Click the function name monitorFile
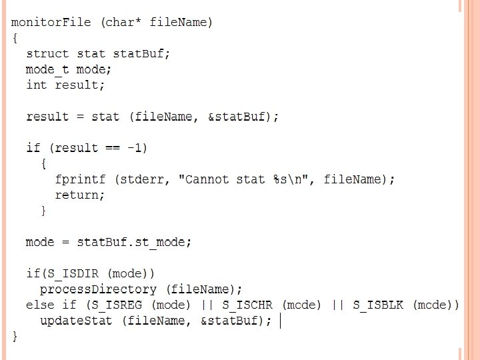pyautogui.click(x=51, y=22)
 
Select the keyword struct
pyautogui.click(x=47, y=53)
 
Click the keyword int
pyautogui.click(x=36, y=85)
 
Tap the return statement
pyautogui.click(x=79, y=195)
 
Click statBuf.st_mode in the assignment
pyautogui.click(x=134, y=242)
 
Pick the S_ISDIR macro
pyautogui.click(x=73, y=273)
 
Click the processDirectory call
pyautogui.click(x=98, y=289)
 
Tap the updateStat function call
pyautogui.click(x=76, y=321)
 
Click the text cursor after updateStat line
pyautogui.click(x=281, y=321)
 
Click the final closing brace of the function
pyautogui.click(x=15, y=337)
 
